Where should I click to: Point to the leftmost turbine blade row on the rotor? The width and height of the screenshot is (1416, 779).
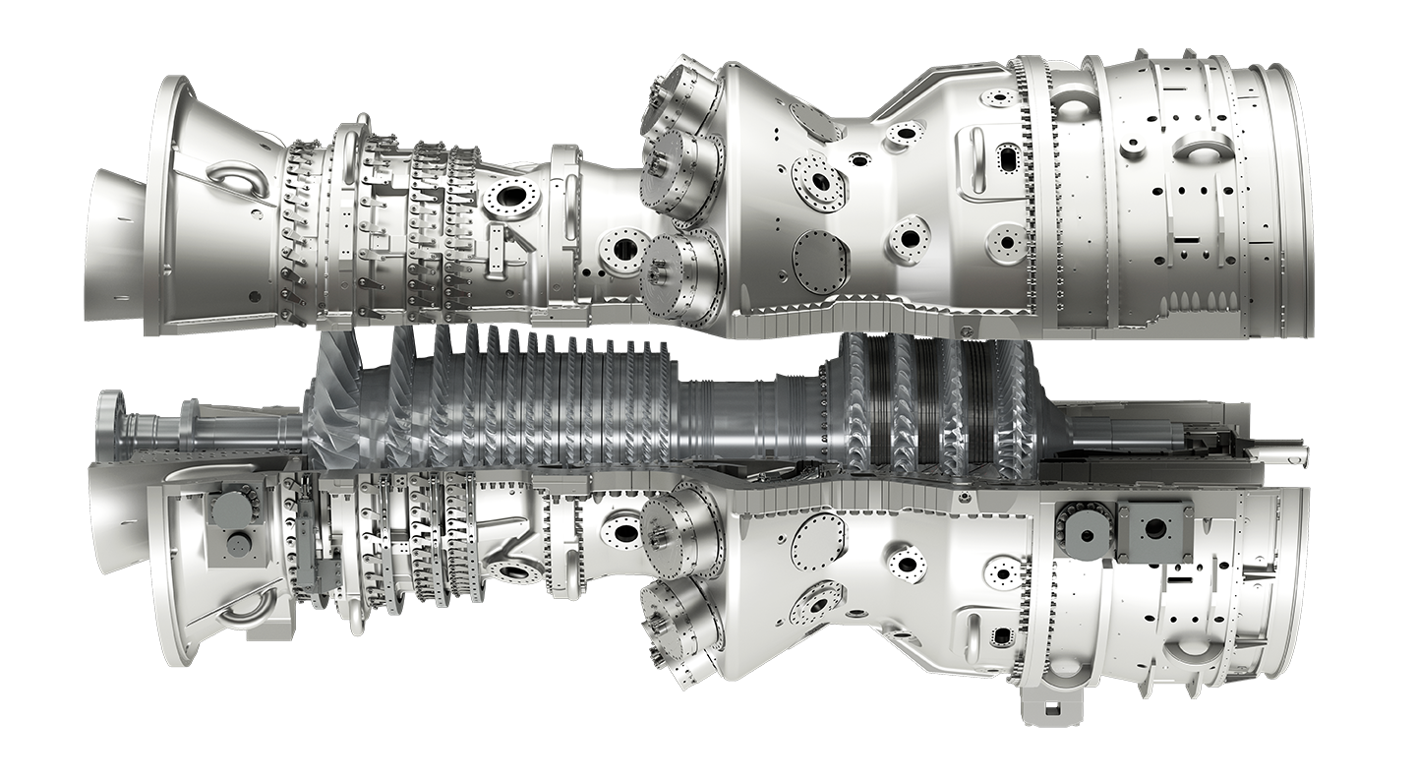tap(856, 413)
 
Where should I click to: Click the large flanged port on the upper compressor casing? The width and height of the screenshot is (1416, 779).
tap(510, 196)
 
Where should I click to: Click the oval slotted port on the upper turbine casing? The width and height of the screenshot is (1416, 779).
tap(1009, 157)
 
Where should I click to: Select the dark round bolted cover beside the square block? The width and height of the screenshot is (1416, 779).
tap(1087, 532)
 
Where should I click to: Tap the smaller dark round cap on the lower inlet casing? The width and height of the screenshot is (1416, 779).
tap(237, 545)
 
